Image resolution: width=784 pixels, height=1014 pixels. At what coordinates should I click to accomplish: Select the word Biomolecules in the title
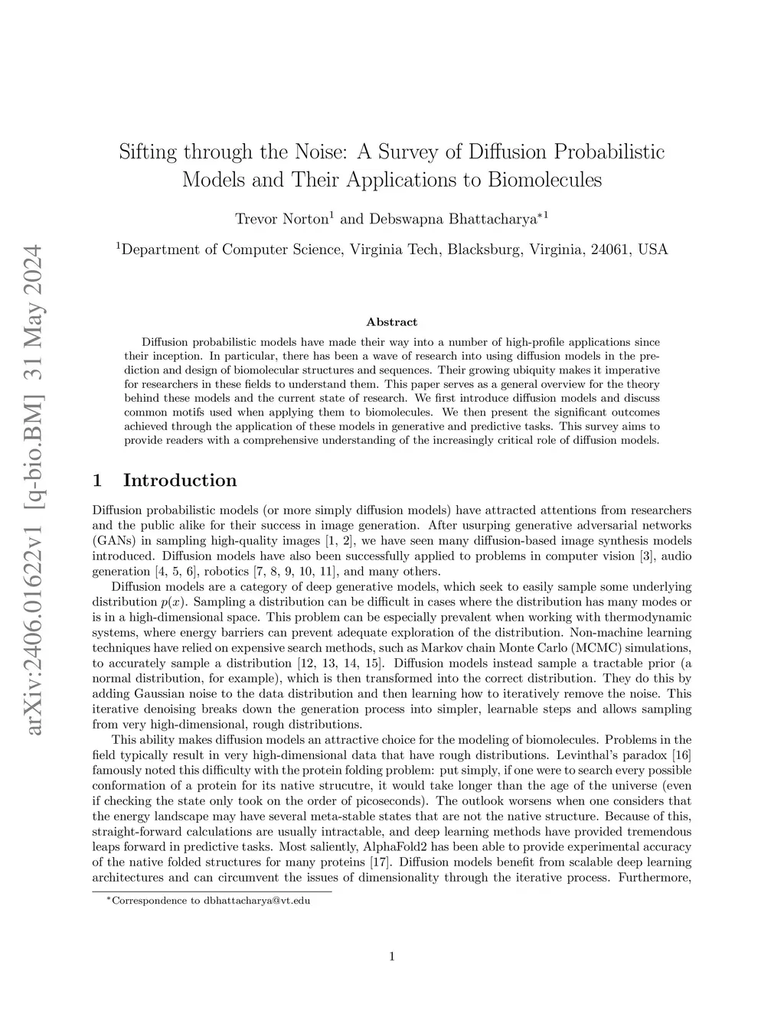coord(544,180)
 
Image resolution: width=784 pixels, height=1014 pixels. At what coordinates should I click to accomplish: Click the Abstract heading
coord(392,322)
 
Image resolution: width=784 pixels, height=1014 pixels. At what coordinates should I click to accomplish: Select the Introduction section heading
coord(180,481)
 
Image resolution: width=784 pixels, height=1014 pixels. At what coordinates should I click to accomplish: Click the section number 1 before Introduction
coord(97,481)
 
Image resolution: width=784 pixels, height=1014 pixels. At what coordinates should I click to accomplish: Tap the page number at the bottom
coord(392,956)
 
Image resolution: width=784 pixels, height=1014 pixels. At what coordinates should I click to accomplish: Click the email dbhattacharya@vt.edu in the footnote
coord(257,901)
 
